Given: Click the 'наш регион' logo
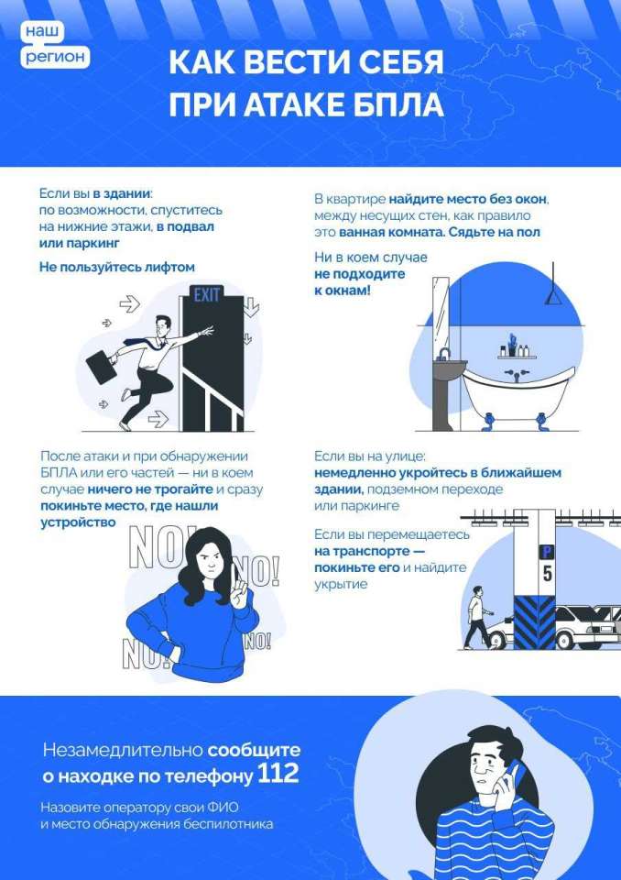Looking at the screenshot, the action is [55, 45].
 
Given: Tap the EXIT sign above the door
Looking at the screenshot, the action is [206, 294].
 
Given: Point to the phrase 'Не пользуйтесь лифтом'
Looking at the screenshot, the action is [116, 267].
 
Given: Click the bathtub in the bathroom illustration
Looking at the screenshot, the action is [518, 393].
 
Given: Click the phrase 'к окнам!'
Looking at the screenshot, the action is [343, 291].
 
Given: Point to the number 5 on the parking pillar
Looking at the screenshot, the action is [547, 574].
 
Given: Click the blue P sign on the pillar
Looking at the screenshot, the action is [546, 552].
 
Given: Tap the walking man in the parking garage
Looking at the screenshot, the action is [478, 617].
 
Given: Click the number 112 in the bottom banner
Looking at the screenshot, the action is [278, 775].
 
